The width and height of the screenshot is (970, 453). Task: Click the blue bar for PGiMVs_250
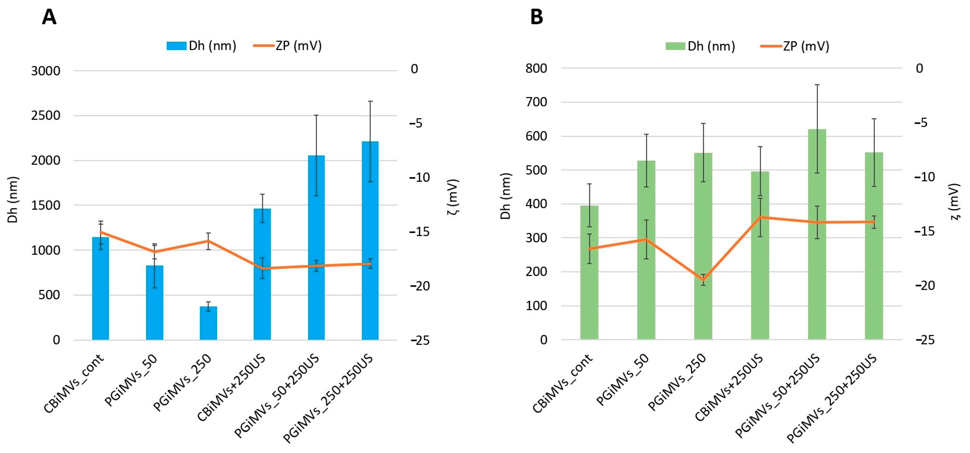(208, 323)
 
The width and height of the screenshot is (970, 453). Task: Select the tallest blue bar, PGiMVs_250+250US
(370, 241)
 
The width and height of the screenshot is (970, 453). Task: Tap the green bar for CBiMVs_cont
(589, 272)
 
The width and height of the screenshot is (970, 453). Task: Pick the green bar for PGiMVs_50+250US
(817, 234)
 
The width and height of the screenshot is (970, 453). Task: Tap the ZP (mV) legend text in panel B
(806, 46)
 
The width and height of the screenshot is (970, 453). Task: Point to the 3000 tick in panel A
(46, 71)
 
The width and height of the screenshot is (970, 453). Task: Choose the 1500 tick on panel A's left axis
(46, 206)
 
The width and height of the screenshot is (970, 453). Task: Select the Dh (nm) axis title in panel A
(13, 200)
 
